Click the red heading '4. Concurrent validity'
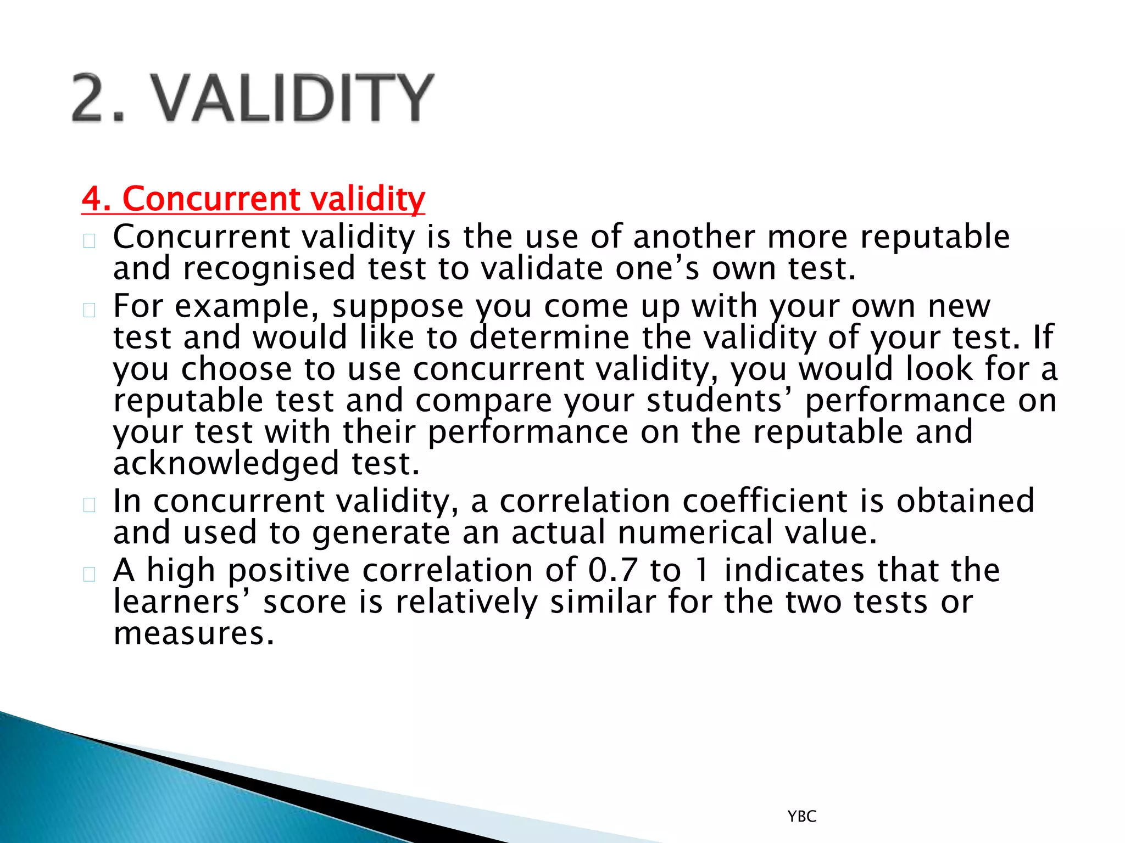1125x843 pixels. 253,198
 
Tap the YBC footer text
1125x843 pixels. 801,816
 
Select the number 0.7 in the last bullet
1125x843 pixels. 612,570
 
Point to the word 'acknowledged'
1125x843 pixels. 226,464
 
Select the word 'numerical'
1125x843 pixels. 694,533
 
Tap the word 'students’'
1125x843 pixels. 719,401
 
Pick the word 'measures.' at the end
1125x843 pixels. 193,634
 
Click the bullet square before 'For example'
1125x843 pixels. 90,310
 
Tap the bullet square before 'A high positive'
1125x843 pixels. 90,574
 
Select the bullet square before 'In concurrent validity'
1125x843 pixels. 90,505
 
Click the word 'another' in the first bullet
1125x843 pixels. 693,237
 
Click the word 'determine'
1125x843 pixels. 549,338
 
